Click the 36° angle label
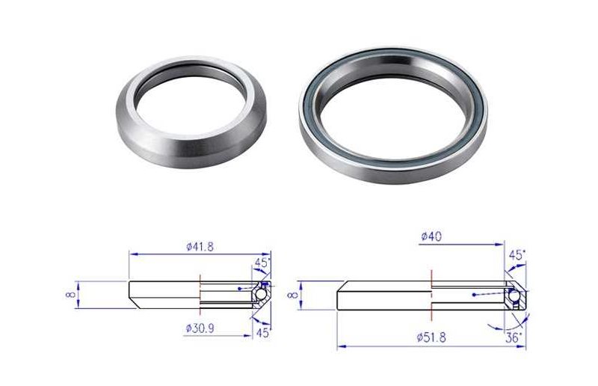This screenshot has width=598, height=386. [513, 337]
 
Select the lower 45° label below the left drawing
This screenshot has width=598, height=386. [262, 333]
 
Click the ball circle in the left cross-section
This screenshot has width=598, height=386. [260, 295]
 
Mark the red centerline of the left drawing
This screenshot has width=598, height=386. [200, 295]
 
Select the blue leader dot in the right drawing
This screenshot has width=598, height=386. [474, 296]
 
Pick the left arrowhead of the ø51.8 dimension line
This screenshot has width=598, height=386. [341, 346]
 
